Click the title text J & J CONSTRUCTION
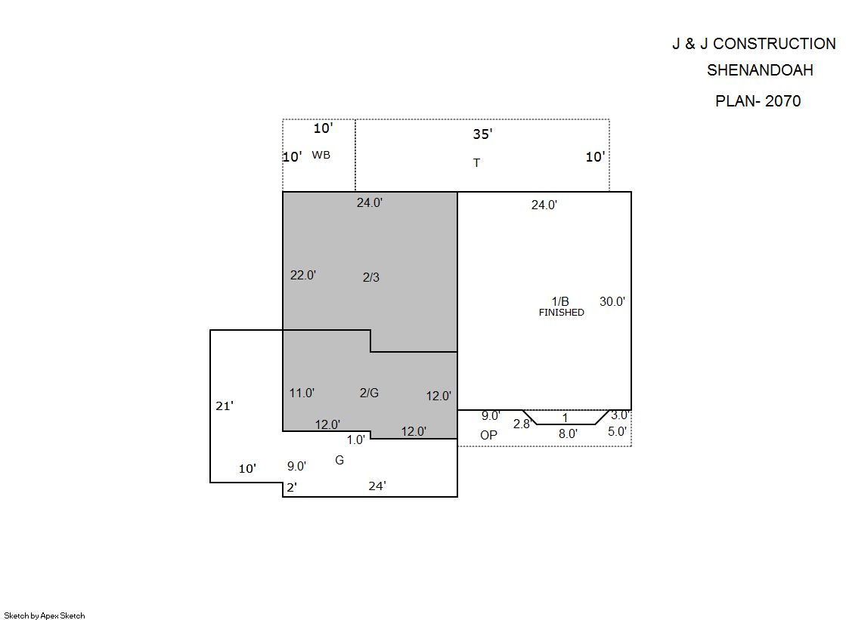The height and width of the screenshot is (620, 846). click(x=754, y=44)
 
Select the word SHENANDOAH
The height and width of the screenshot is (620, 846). click(x=760, y=70)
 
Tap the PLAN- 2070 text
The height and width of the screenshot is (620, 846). click(x=758, y=101)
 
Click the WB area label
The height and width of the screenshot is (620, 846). click(x=321, y=155)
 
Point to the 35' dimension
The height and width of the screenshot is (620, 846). click(x=482, y=134)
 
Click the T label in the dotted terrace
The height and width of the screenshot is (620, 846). click(x=476, y=163)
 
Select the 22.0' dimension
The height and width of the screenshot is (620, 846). click(x=303, y=275)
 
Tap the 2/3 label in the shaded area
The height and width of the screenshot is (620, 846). click(x=371, y=277)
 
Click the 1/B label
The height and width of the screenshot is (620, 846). click(x=560, y=301)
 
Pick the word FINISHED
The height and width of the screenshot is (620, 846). click(x=561, y=312)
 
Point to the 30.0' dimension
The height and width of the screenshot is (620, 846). click(x=612, y=301)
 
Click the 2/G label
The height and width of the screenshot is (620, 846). click(x=369, y=393)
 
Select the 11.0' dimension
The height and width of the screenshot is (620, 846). click(x=302, y=393)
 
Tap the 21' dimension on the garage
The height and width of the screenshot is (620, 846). click(x=225, y=406)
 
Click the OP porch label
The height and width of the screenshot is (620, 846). click(x=489, y=435)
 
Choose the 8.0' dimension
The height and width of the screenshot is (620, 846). click(x=568, y=433)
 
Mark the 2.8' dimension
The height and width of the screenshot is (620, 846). click(x=522, y=424)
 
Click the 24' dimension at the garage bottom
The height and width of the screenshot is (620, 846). click(x=377, y=486)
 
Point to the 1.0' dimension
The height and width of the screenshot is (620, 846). click(x=355, y=440)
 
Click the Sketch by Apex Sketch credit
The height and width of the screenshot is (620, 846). click(x=45, y=615)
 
